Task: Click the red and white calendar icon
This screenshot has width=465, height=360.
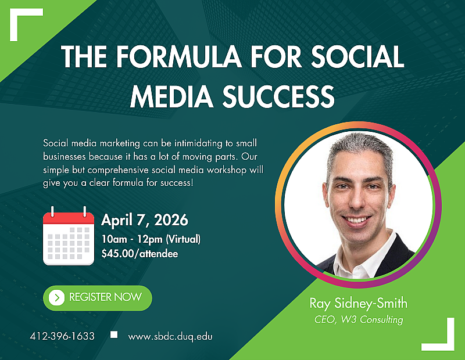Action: point(69,237)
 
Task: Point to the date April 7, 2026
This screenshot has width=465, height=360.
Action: point(145,220)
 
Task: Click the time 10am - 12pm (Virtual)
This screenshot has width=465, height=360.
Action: point(151,239)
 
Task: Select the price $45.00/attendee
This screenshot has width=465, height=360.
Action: point(139,253)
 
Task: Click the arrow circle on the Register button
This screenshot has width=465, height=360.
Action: point(56,297)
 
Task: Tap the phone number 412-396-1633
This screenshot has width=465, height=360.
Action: point(62,336)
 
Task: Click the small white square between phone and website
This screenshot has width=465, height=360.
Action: point(114,334)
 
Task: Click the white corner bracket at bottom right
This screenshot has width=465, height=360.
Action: point(442,337)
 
